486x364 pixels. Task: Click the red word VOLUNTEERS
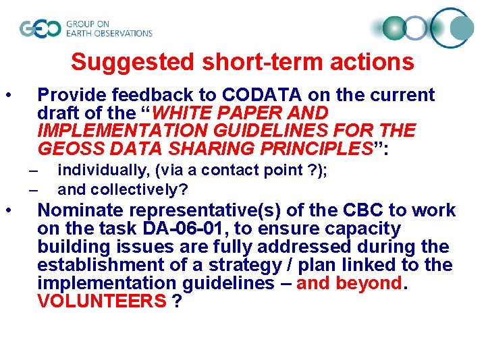click(x=101, y=302)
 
